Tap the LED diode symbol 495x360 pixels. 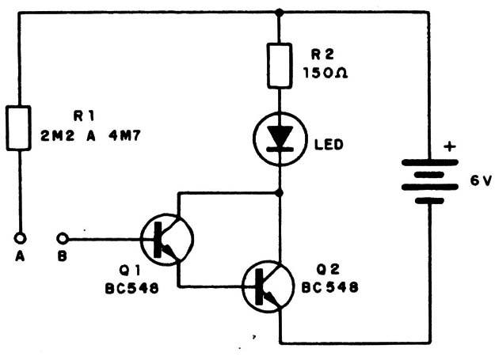click(280, 138)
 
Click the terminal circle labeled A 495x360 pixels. click(20, 238)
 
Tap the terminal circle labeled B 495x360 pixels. click(63, 239)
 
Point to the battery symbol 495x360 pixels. click(429, 181)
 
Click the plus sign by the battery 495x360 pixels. click(450, 146)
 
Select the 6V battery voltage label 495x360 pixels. click(481, 181)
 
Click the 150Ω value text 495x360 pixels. click(326, 74)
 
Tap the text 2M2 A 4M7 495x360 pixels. click(90, 136)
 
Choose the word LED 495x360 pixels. click(329, 145)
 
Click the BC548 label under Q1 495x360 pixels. click(131, 288)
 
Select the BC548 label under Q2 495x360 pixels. click(330, 287)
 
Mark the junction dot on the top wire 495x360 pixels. click(279, 13)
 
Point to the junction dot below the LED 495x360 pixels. click(279, 192)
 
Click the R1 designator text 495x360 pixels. click(84, 116)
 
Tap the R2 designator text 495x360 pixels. click(322, 55)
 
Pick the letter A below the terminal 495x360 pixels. click(20, 257)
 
